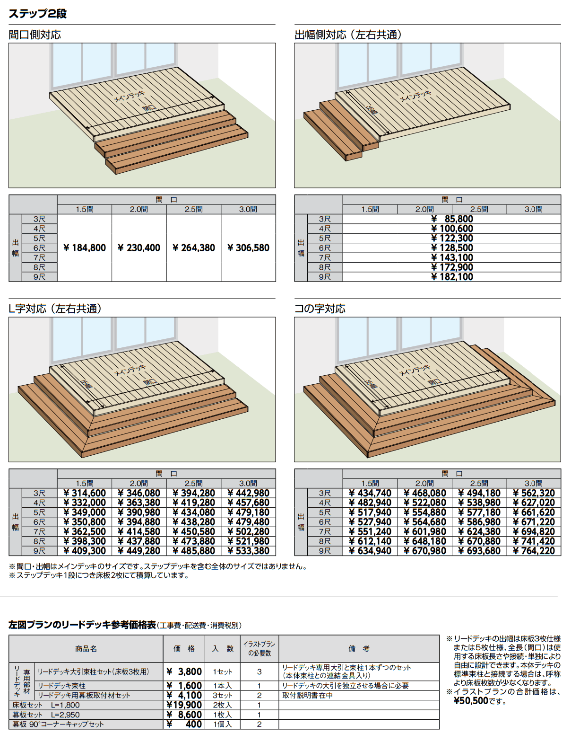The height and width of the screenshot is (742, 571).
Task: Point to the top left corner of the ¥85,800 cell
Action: (x=343, y=214)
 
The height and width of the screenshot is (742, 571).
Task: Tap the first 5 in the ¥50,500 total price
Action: (x=463, y=701)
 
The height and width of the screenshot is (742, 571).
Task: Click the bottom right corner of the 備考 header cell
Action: (x=439, y=662)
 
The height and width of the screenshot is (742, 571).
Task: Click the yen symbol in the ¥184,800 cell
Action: (x=66, y=248)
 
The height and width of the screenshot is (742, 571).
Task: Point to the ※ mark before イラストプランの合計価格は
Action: (x=449, y=692)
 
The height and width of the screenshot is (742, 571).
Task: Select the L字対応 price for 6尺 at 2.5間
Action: (x=194, y=522)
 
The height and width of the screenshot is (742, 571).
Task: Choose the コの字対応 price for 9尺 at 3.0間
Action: (x=534, y=551)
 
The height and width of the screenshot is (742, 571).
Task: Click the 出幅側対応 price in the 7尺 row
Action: (x=452, y=257)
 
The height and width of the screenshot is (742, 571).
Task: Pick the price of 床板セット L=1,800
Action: (x=184, y=705)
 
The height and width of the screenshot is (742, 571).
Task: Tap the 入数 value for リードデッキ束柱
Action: (x=222, y=686)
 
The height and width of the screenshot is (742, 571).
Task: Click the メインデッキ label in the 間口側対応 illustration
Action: (x=130, y=97)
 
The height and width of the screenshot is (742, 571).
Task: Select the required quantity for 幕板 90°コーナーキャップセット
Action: (x=259, y=724)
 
